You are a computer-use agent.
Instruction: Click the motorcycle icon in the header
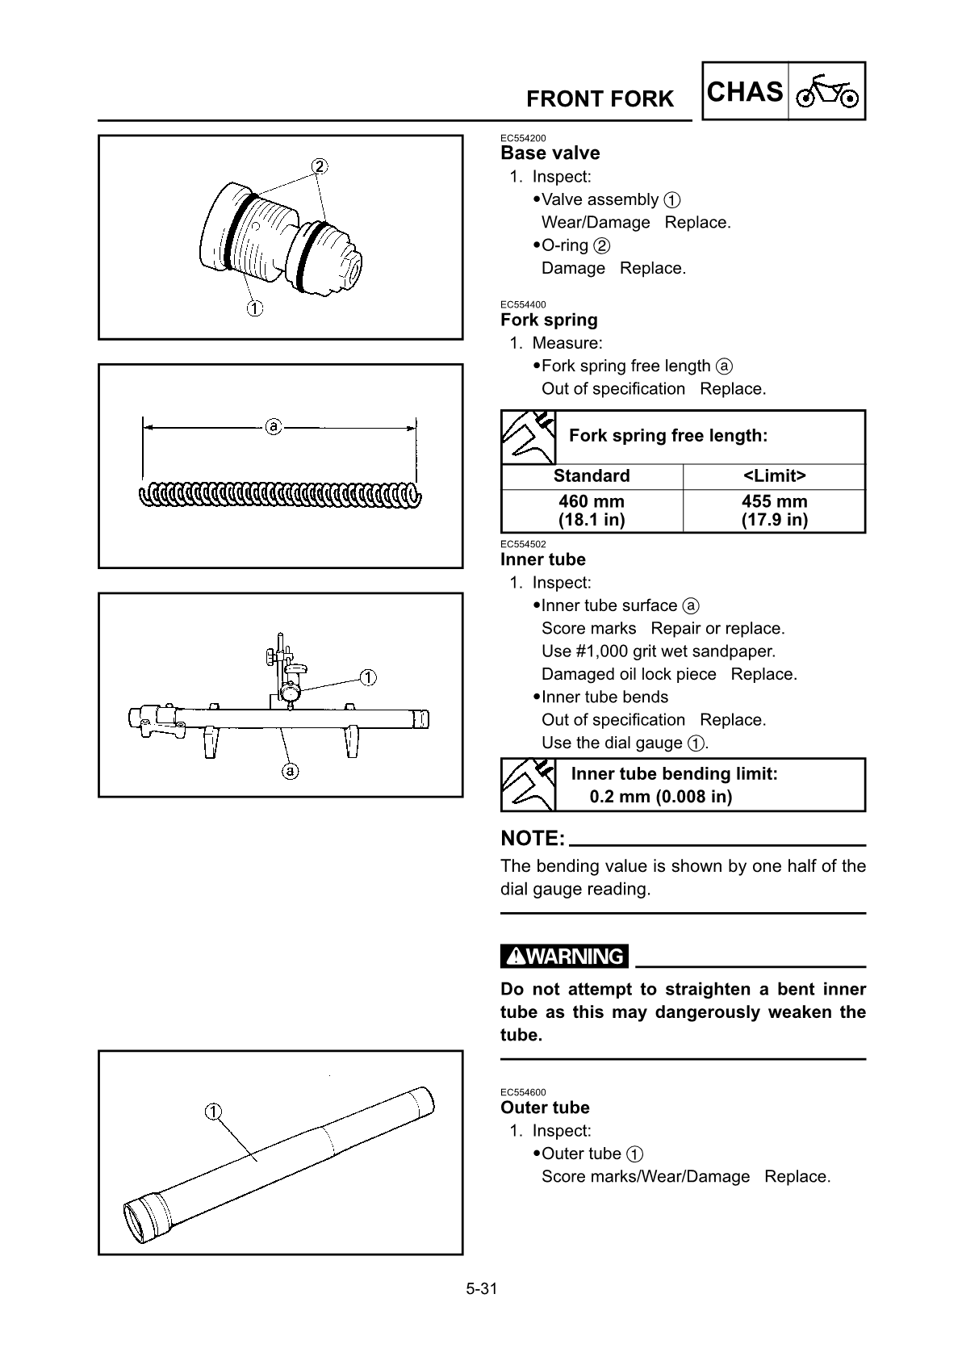pos(828,93)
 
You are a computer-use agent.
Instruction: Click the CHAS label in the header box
pos(745,92)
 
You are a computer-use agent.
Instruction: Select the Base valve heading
pos(550,153)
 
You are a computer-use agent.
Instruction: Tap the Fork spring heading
pos(549,320)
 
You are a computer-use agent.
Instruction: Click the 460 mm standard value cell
pos(592,510)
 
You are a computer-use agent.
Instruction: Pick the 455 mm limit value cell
pos(774,510)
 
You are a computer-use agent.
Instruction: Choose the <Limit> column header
pos(774,476)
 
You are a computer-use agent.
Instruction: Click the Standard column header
pos(592,476)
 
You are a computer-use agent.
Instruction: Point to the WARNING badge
pos(564,957)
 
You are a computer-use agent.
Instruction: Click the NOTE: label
pos(533,839)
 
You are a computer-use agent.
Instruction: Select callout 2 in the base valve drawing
pos(320,166)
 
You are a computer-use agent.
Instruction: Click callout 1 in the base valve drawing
pos(253,308)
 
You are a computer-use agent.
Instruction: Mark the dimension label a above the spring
pos(274,425)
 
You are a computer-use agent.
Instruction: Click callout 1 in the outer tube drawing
pos(213,1112)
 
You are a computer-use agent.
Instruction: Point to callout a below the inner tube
pos(290,770)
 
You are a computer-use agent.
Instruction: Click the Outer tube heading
pos(545,1108)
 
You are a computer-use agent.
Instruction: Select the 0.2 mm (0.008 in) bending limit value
pos(661,798)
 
